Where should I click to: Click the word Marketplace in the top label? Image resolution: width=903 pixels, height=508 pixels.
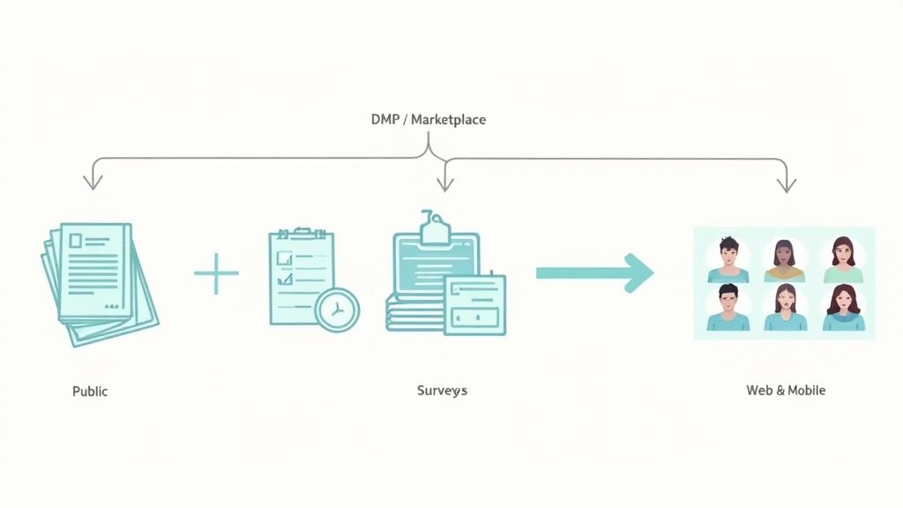[x=448, y=119]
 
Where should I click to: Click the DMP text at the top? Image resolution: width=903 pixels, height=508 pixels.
[x=385, y=119]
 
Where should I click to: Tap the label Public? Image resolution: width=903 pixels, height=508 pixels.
[x=90, y=390]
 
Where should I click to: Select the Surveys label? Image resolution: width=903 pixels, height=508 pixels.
[x=442, y=390]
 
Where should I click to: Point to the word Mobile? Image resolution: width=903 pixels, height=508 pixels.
[x=807, y=390]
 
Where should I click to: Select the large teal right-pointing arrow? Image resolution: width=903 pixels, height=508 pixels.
[x=594, y=273]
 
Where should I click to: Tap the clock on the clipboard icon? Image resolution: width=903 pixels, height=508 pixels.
[x=337, y=310]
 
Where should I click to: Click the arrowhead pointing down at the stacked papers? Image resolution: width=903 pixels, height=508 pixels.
[x=93, y=182]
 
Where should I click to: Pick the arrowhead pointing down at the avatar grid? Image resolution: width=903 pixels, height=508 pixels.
[x=787, y=184]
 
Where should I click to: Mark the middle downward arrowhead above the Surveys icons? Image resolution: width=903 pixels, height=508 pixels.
[x=445, y=183]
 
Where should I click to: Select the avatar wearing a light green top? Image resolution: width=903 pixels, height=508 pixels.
[x=843, y=260]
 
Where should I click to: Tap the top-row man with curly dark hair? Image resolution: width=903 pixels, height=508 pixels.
[x=728, y=260]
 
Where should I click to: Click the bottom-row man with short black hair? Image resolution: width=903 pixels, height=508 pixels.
[x=728, y=309]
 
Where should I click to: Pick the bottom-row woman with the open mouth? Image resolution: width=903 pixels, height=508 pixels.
[x=784, y=309]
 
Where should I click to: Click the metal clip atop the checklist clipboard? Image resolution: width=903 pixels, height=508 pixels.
[x=303, y=233]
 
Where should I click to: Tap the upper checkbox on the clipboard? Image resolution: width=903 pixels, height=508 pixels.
[x=285, y=258]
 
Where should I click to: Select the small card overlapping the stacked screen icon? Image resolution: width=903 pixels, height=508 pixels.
[x=475, y=305]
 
